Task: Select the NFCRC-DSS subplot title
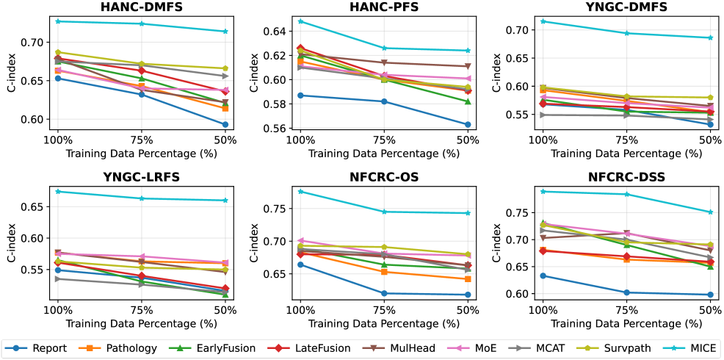click(x=626, y=179)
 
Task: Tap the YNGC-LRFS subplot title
click(x=141, y=179)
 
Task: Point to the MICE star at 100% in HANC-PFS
click(x=300, y=21)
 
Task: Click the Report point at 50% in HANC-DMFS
click(x=225, y=125)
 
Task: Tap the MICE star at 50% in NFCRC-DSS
click(x=709, y=212)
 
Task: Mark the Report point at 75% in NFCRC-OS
click(x=384, y=293)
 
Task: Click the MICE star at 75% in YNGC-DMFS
click(x=626, y=33)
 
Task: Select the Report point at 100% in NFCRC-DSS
click(x=543, y=276)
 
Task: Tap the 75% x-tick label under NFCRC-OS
click(x=384, y=310)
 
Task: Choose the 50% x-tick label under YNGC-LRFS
click(x=225, y=310)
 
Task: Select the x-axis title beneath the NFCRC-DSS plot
click(x=626, y=323)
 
